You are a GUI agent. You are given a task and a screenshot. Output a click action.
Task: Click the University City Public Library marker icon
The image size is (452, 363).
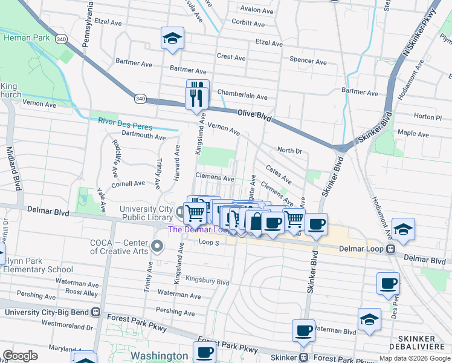(180, 212)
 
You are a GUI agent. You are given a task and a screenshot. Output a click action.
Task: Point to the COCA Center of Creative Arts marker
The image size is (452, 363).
(157, 246)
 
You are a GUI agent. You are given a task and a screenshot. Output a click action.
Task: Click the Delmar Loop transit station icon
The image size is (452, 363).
(391, 249)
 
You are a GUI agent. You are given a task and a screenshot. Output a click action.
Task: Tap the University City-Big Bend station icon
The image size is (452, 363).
(95, 312)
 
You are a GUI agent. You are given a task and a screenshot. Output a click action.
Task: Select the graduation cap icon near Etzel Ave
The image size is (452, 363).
(172, 39)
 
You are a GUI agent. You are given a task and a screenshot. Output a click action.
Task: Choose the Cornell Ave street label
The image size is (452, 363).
(128, 183)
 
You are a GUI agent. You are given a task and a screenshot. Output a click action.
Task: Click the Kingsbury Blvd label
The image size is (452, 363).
(207, 282)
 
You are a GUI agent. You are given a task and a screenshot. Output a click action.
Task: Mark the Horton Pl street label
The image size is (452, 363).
(428, 116)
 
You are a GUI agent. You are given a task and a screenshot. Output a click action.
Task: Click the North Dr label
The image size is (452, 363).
(289, 150)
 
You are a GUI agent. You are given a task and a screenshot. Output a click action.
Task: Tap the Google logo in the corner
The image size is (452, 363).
(20, 356)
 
